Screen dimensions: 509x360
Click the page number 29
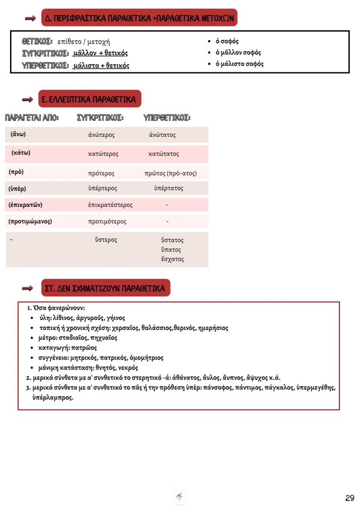(350, 498)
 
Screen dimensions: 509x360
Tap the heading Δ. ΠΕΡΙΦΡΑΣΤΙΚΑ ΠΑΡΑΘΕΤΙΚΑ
(140, 18)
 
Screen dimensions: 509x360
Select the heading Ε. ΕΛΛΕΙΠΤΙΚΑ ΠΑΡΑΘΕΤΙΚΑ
(90, 99)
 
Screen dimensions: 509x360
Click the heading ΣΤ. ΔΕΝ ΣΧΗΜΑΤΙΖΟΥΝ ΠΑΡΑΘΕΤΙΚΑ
(105, 288)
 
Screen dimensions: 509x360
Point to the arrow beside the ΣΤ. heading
(28, 288)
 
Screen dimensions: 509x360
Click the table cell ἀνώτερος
(101, 135)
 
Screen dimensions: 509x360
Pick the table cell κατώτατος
(163, 154)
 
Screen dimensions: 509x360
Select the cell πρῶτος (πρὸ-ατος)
(170, 173)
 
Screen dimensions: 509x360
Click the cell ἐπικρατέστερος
(110, 205)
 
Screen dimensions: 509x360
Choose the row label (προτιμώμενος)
(30, 221)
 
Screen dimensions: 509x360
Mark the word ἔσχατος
(172, 259)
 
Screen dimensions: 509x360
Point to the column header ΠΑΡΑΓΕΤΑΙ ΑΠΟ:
(31, 118)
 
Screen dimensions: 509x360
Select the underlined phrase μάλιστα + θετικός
(101, 65)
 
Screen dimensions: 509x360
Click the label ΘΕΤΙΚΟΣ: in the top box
(37, 42)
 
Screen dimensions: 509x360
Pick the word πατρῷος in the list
(83, 348)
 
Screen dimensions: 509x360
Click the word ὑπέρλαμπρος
(53, 397)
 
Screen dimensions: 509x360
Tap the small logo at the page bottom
(180, 496)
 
